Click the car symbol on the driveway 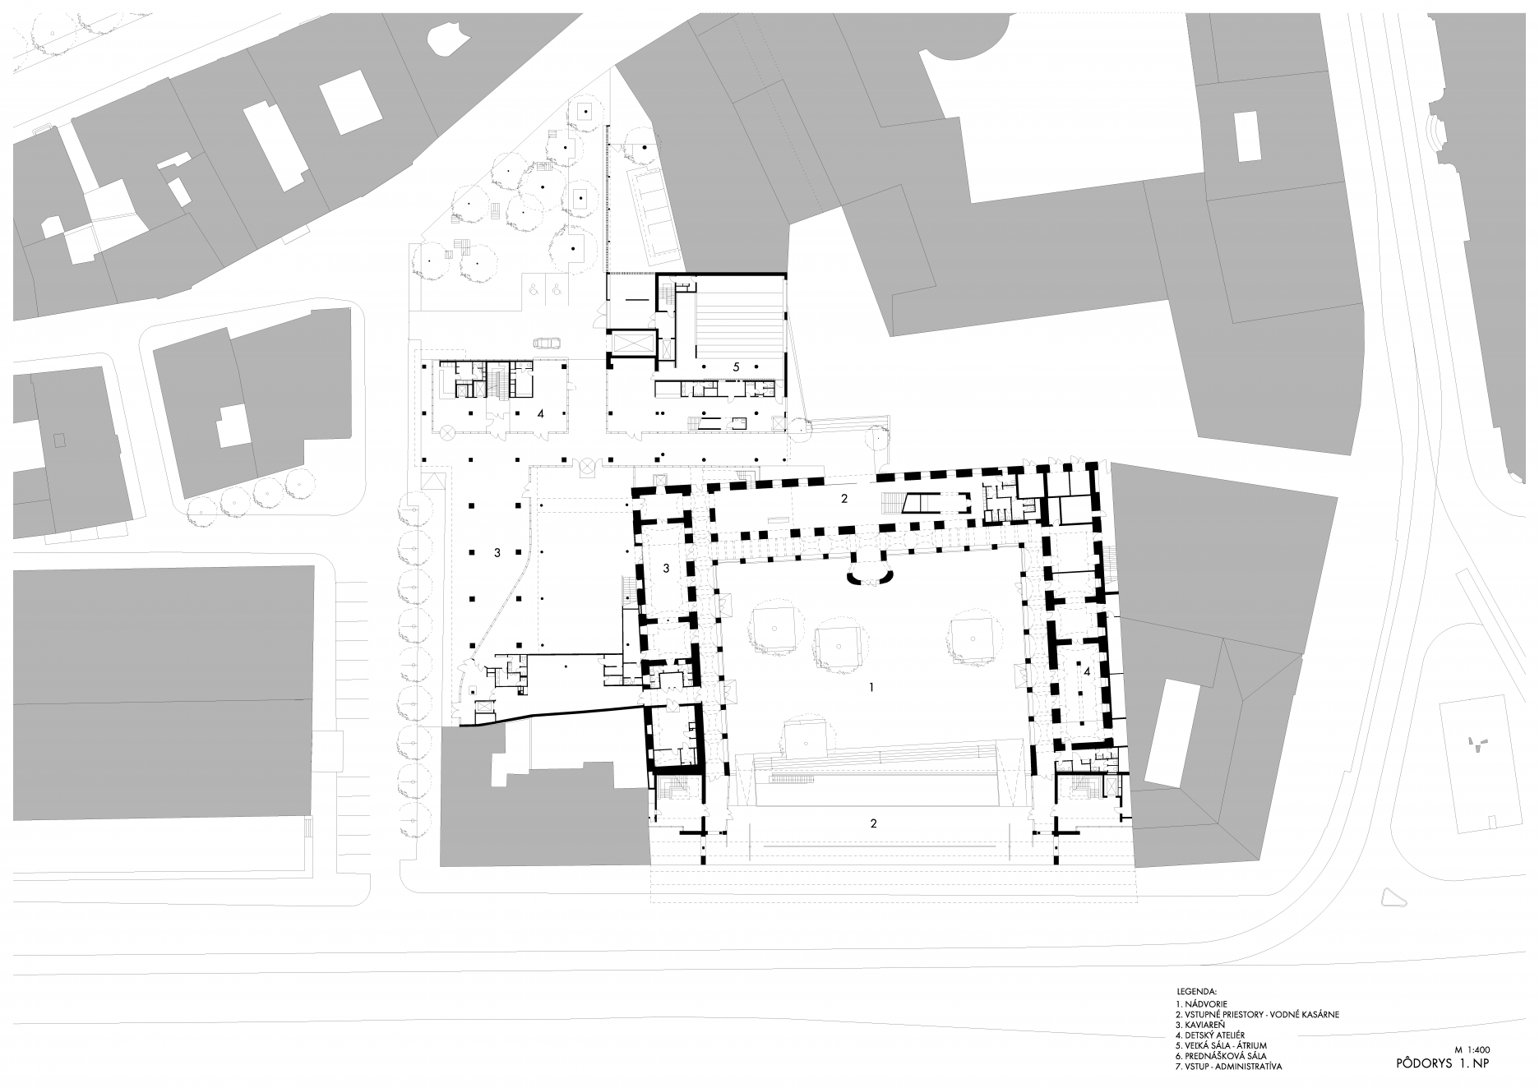click(x=544, y=343)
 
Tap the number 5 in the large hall click(x=737, y=367)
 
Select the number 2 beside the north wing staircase click(x=843, y=498)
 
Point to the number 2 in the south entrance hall click(x=874, y=823)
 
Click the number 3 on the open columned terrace click(x=497, y=553)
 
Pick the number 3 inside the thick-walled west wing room click(x=666, y=568)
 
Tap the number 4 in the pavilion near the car click(x=540, y=414)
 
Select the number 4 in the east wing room click(x=1087, y=671)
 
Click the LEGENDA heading click(x=1196, y=992)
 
